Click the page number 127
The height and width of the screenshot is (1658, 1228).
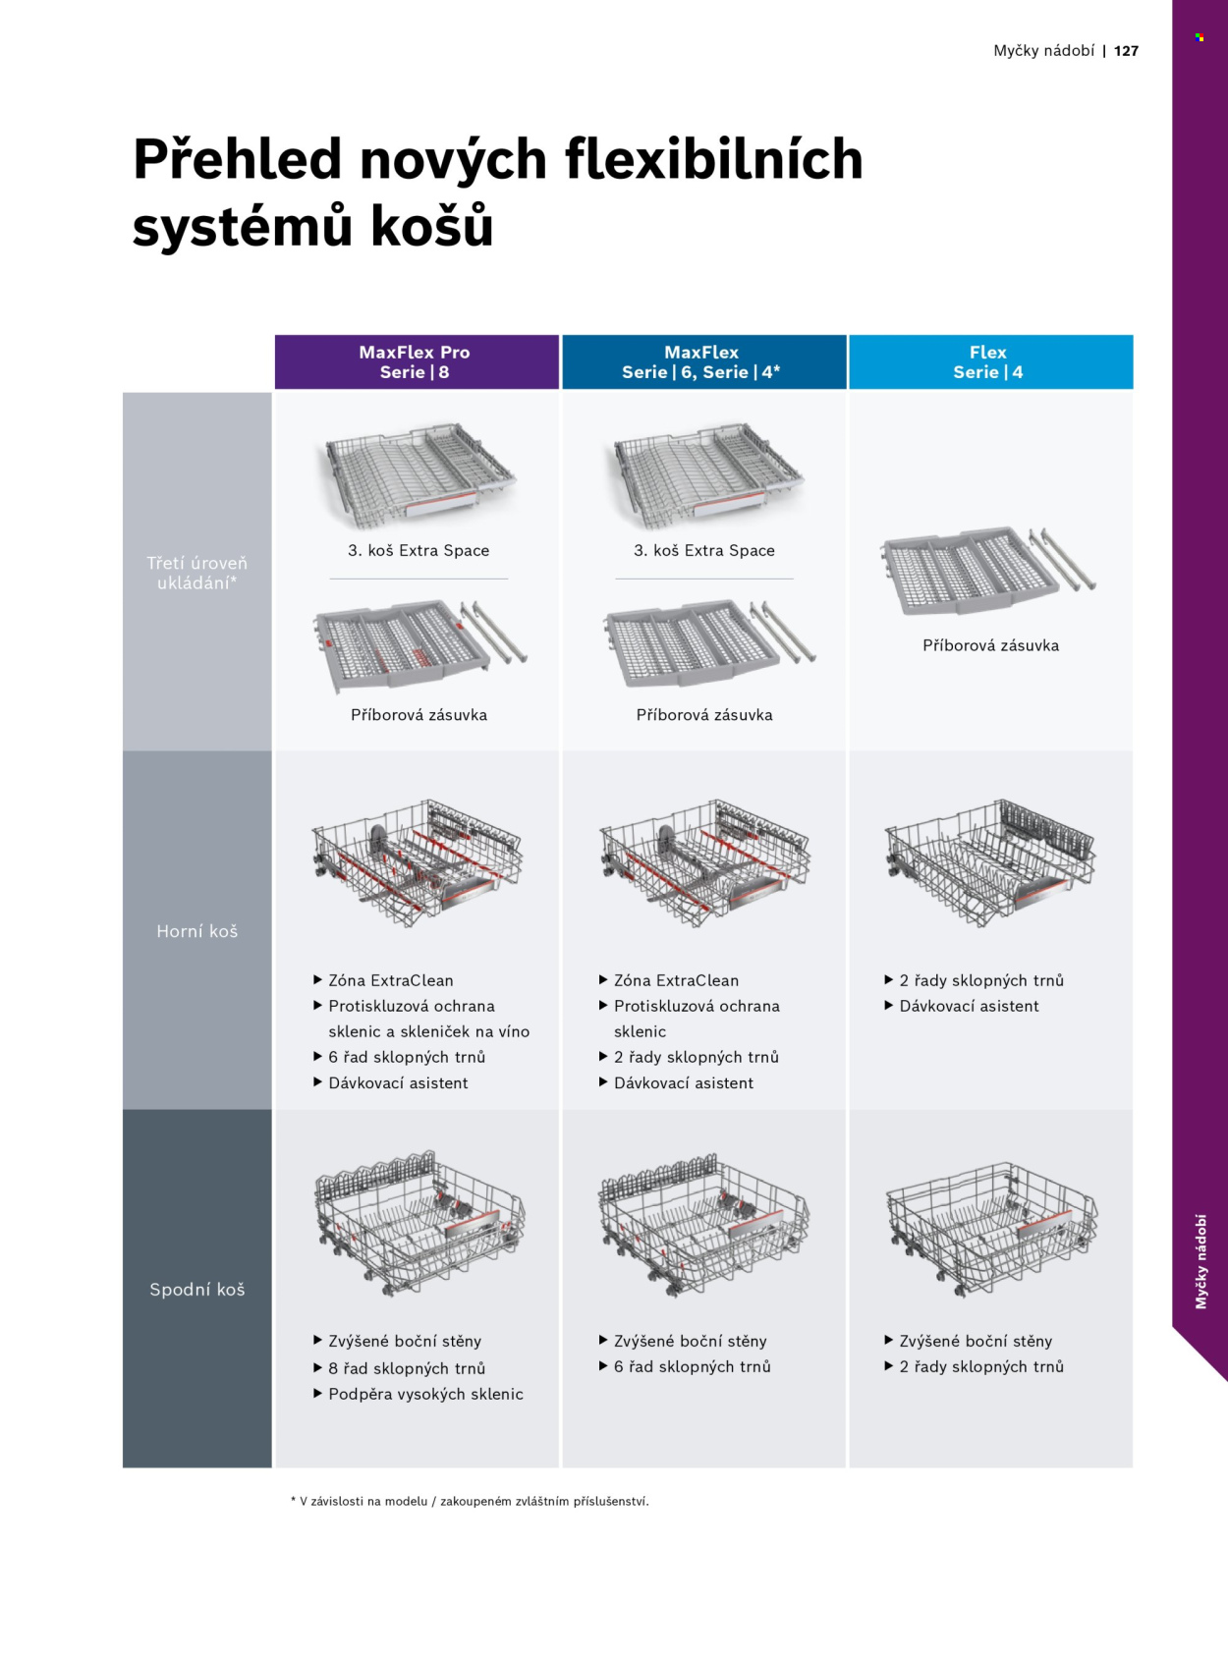(x=1126, y=51)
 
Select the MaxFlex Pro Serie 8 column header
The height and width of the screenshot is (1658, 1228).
(x=417, y=361)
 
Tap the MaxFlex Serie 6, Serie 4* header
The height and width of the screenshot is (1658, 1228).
(x=703, y=361)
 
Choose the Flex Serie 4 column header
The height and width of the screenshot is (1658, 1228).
(x=990, y=361)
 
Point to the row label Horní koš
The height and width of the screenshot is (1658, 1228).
(x=197, y=931)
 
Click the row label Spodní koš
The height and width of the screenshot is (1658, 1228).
(x=197, y=1290)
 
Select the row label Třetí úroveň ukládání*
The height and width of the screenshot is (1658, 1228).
(x=197, y=573)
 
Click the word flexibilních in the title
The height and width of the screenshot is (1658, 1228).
(x=714, y=158)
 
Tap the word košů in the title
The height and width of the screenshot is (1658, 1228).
(x=432, y=225)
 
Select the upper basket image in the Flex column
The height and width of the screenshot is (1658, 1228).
(x=990, y=862)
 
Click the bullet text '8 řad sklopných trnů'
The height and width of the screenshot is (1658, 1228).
(x=407, y=1368)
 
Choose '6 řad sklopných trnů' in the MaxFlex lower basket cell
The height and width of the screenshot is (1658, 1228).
(x=693, y=1366)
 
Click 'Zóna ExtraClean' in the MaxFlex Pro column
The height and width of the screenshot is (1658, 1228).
(x=391, y=980)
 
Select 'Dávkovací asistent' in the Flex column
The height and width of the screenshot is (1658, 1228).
(x=970, y=1006)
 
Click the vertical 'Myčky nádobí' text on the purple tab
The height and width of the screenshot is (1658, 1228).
(x=1201, y=1262)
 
